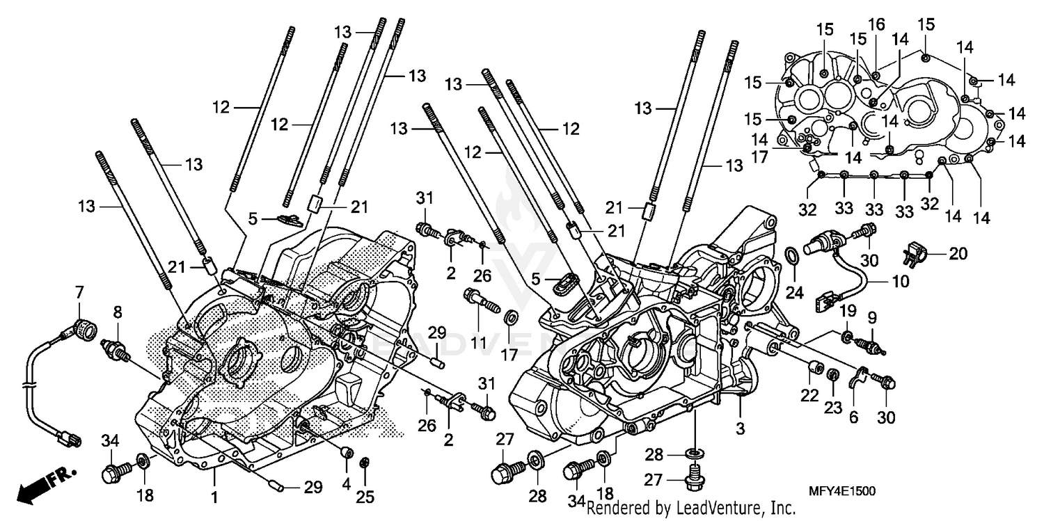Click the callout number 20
click(x=958, y=254)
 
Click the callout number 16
click(x=876, y=25)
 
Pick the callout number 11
click(x=478, y=325)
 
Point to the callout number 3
click(x=740, y=429)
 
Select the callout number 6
click(x=853, y=416)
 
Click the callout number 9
click(x=871, y=319)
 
